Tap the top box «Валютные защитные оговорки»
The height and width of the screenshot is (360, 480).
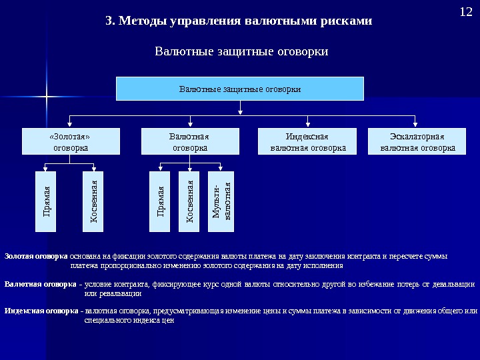point(240,89)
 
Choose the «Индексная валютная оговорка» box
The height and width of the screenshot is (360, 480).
point(308,142)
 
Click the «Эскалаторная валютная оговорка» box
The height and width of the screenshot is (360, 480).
point(417,142)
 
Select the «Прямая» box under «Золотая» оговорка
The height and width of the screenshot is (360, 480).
point(47,201)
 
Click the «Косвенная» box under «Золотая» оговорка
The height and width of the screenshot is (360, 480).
point(94,201)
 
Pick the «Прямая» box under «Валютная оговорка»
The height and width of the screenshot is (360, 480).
point(161,201)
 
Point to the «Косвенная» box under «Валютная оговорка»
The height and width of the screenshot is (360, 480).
point(191,201)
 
